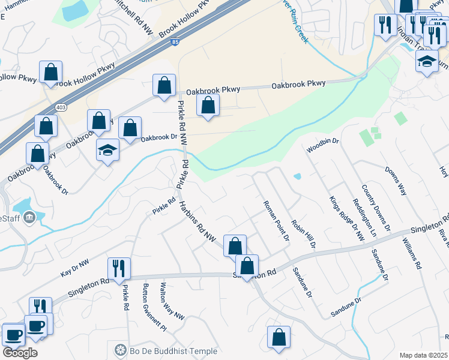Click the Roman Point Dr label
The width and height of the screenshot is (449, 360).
[277, 221]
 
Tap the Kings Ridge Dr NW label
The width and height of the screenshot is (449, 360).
[347, 218]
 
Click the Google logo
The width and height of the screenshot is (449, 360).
[20, 352]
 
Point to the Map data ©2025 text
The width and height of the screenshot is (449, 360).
[424, 355]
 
